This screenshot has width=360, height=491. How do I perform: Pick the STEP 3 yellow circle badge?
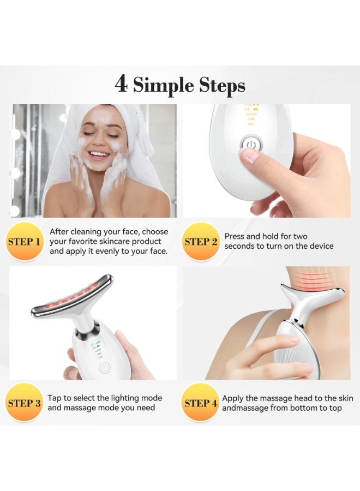tap(23, 403)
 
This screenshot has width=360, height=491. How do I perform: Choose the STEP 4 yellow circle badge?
tap(201, 403)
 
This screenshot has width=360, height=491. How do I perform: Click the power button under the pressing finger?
tap(250, 145)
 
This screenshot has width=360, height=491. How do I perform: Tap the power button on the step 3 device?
tap(104, 368)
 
